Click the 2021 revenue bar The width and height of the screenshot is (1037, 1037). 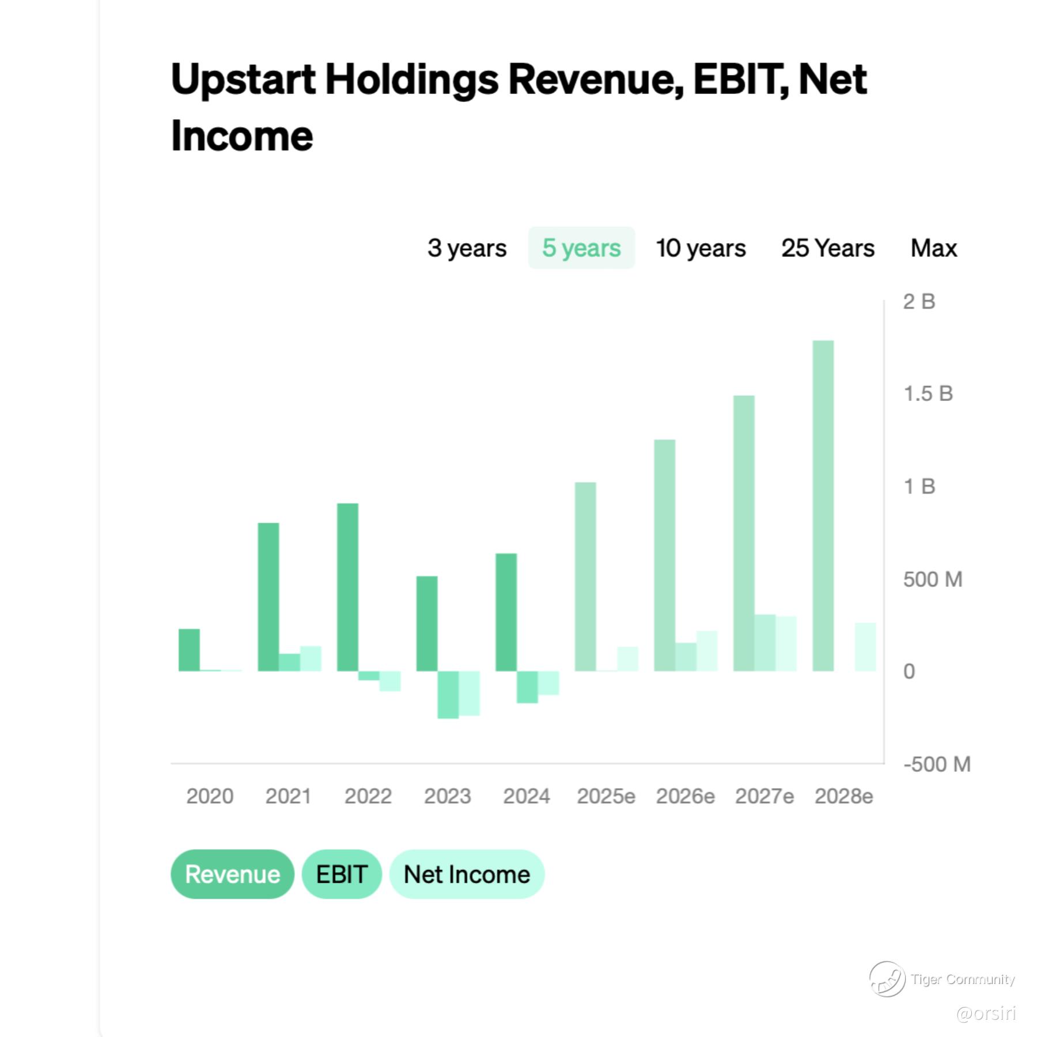(x=268, y=597)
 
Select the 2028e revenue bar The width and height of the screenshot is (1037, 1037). (x=823, y=506)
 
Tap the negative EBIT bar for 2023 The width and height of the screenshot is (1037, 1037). (x=448, y=695)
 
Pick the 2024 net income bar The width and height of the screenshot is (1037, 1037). (x=548, y=683)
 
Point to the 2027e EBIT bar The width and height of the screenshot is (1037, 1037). (x=765, y=643)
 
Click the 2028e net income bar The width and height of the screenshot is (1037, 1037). (x=865, y=647)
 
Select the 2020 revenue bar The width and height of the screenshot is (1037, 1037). (x=189, y=650)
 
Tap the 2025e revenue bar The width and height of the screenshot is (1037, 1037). (x=585, y=577)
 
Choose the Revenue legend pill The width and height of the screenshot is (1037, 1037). (x=232, y=874)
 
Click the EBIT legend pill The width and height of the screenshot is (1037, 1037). (x=342, y=874)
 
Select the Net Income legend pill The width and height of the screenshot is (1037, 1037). (x=467, y=874)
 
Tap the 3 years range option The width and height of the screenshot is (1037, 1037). (x=467, y=248)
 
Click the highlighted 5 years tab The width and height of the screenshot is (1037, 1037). (x=581, y=248)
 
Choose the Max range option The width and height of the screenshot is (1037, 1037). (x=933, y=248)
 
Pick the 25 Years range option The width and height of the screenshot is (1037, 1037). (x=828, y=248)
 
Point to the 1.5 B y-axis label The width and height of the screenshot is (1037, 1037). (x=928, y=393)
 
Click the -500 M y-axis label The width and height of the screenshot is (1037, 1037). (x=937, y=764)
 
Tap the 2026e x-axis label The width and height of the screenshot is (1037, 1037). (x=685, y=796)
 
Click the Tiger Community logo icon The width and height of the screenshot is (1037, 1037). (x=887, y=978)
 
